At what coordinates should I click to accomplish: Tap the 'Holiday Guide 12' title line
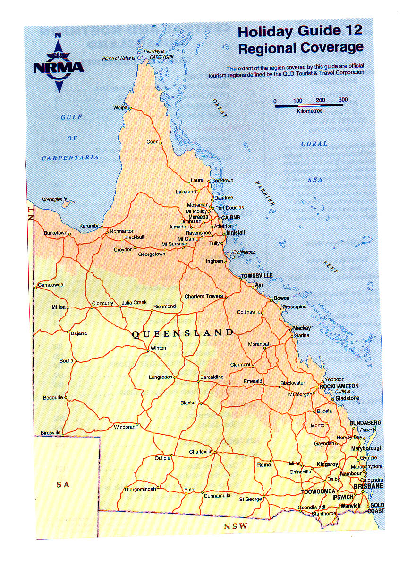click(300, 31)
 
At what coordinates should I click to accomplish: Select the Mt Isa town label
click(58, 307)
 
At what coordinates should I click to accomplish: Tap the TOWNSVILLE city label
click(256, 275)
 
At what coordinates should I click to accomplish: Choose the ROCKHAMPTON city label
click(339, 386)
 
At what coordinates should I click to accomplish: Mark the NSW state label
click(236, 526)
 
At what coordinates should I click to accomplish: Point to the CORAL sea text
click(314, 144)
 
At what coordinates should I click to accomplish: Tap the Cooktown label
click(222, 181)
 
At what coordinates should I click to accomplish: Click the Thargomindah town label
click(140, 489)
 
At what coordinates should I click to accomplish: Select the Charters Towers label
click(203, 296)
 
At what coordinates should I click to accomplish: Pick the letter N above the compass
click(58, 35)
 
